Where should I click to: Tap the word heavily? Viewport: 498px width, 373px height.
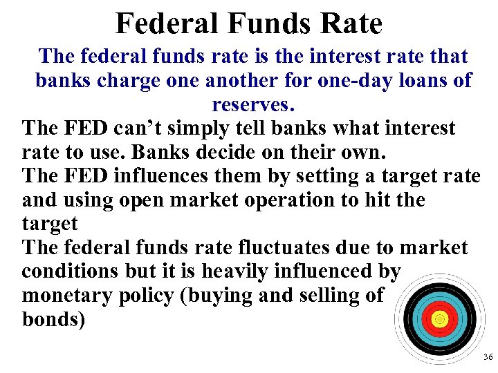click(x=249, y=271)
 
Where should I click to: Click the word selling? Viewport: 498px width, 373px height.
click(x=326, y=296)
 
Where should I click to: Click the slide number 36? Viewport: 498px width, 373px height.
click(x=488, y=358)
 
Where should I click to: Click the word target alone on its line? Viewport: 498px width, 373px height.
click(x=50, y=224)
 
